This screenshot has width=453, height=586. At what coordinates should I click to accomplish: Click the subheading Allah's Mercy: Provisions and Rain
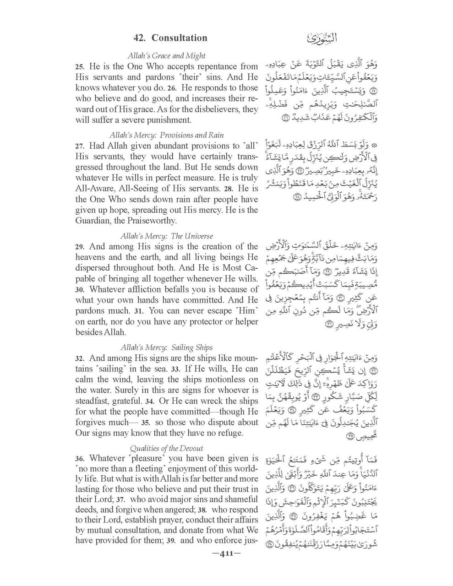[x=166, y=136]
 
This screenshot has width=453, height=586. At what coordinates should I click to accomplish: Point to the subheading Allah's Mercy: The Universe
[x=166, y=236]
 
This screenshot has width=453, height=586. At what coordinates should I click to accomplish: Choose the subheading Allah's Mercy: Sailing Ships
[x=166, y=347]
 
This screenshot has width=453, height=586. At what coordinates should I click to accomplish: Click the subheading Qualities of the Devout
[x=166, y=448]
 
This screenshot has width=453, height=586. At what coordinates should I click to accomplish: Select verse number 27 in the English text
[x=79, y=146]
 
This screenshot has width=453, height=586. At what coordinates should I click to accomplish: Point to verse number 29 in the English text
[x=79, y=247]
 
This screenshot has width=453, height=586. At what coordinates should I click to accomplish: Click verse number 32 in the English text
[x=79, y=358]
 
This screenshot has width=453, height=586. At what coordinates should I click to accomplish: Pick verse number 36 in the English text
[x=79, y=459]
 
